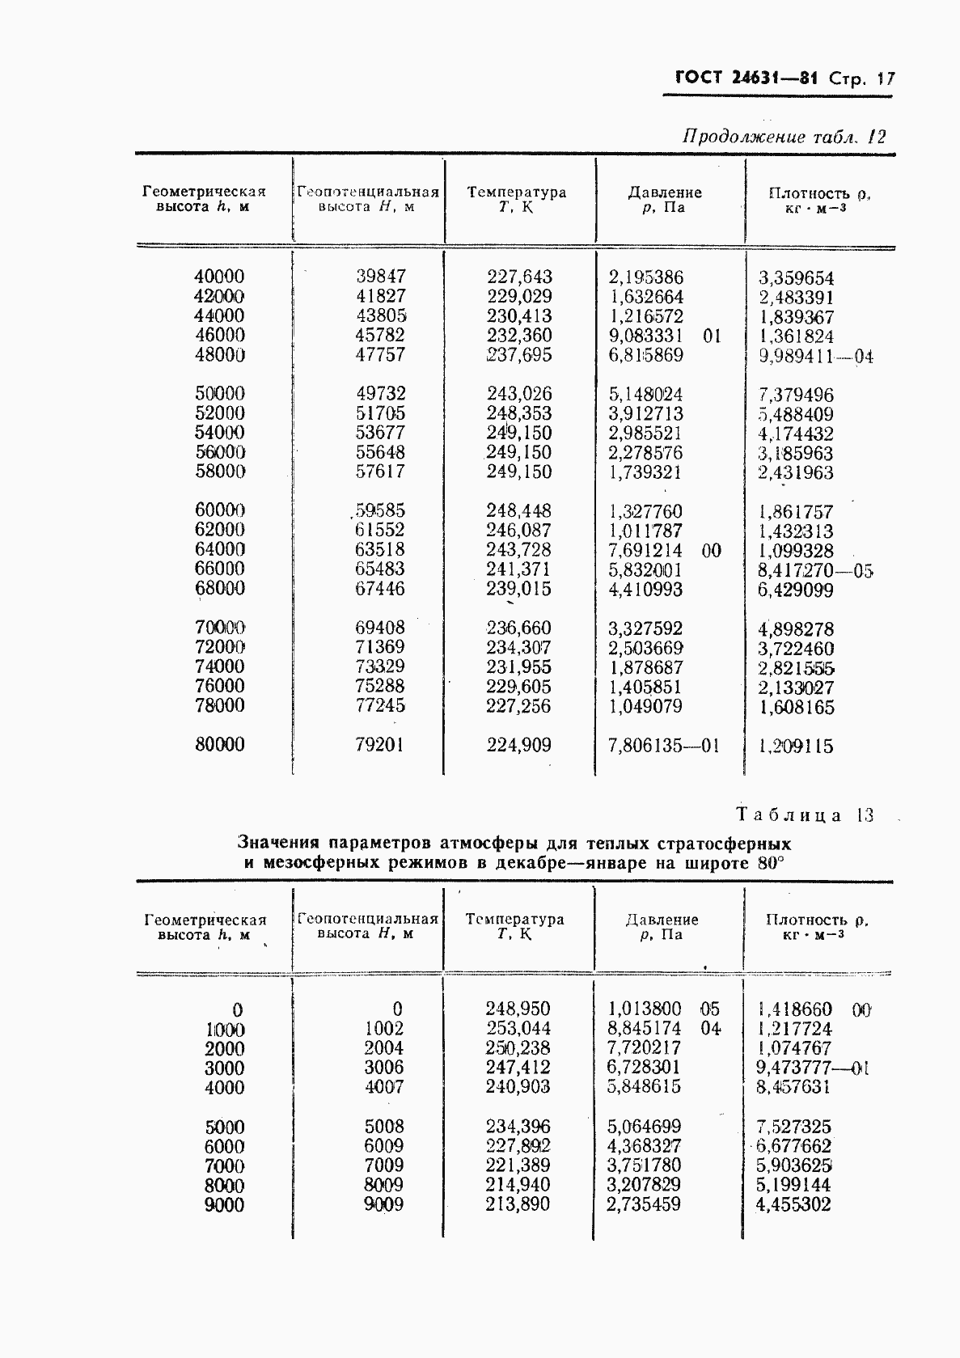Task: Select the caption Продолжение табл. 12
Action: coord(784,136)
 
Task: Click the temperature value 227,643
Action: coord(519,277)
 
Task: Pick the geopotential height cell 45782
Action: coord(380,335)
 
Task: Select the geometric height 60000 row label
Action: coord(219,510)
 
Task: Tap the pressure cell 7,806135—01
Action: coord(662,746)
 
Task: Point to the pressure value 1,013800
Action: coord(645,1009)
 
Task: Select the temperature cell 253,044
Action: coord(518,1029)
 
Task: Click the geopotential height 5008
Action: coord(383,1126)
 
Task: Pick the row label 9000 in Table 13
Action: coord(224,1205)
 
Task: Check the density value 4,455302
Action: coord(793,1204)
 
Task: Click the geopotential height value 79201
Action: coord(379,745)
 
